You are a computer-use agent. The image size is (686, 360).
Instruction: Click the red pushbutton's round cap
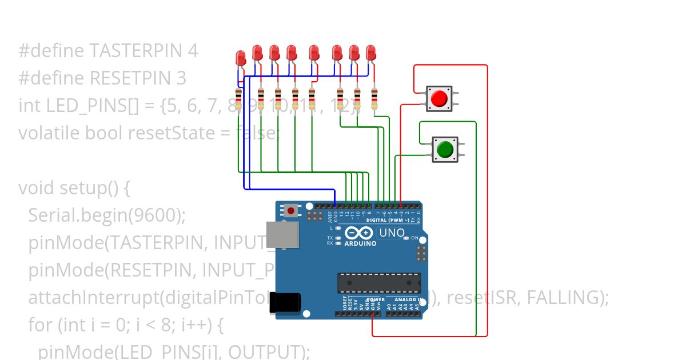tap(438, 98)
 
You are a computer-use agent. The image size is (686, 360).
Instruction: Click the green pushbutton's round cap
tap(444, 150)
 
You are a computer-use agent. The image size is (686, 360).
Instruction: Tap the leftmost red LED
tap(241, 58)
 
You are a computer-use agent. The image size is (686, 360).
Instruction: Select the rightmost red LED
tap(371, 53)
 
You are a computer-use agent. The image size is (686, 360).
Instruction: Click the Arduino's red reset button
tap(292, 211)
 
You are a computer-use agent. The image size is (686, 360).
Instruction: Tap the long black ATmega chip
tap(379, 283)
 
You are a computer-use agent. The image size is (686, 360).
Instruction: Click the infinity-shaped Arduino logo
tap(359, 233)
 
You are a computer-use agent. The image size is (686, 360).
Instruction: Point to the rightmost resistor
tap(374, 99)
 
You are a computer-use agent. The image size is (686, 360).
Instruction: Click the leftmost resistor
tap(238, 99)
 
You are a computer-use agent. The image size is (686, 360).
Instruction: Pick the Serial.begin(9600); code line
tap(107, 215)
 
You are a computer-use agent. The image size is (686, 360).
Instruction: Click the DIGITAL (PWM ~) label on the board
tap(387, 220)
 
